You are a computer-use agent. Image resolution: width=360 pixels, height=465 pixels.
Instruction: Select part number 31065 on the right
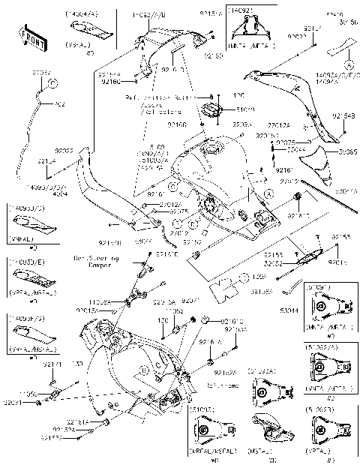(346, 151)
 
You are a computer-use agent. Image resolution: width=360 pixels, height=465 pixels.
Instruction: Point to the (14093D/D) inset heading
(25, 206)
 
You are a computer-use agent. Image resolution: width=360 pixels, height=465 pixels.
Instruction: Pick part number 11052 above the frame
(174, 310)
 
